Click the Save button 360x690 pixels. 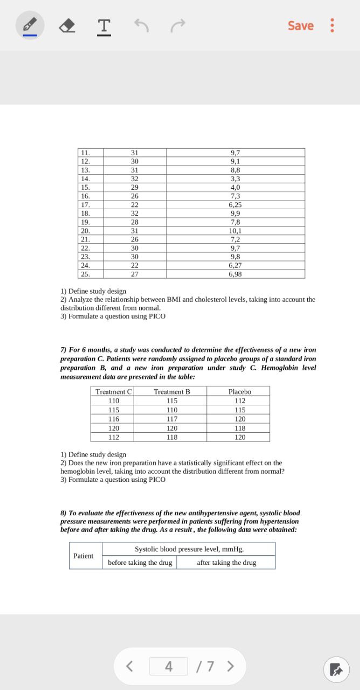pos(300,25)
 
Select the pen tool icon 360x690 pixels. pos(30,25)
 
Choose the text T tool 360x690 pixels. pos(105,25)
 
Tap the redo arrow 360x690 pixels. pos(178,25)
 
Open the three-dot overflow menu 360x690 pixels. pos(333,25)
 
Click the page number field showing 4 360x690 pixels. pos(168,666)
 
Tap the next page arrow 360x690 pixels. pos(231,666)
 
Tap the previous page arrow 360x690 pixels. pos(129,666)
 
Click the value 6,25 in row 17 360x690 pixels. pos(235,205)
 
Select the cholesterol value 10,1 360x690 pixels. pos(235,231)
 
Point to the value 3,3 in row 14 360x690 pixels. pos(235,178)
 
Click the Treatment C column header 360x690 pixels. pos(113,392)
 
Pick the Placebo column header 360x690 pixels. pos(240,392)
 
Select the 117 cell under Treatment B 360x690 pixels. pos(171,419)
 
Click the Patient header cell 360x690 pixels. pos(83,556)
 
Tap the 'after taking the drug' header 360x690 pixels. pos(226,563)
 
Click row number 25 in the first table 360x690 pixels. pos(85,274)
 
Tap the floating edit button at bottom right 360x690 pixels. pos(336,671)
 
